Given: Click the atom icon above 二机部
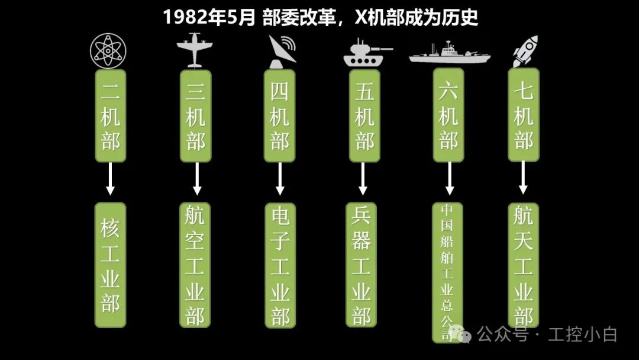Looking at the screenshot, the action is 110,51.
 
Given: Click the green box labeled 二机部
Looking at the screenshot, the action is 110,116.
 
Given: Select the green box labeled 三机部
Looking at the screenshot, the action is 195,116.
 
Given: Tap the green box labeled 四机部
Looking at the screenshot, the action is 280,116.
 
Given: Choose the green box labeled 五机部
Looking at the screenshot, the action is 364,116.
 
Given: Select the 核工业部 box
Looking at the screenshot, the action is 110,265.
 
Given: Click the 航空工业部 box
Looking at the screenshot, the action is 195,265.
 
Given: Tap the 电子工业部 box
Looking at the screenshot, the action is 280,265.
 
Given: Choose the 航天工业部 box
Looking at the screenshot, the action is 524,265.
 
